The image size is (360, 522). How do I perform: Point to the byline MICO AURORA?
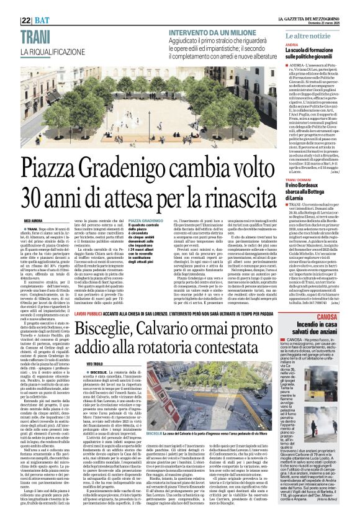(x=33, y=220)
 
